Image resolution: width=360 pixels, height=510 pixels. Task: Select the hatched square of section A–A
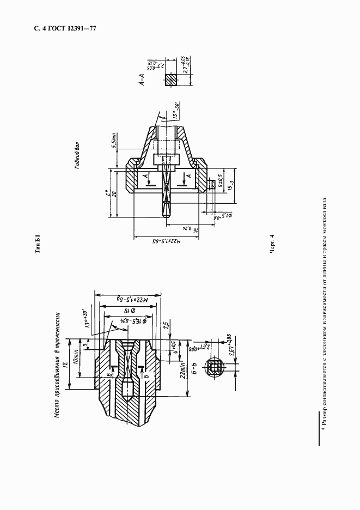pos(171,81)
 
